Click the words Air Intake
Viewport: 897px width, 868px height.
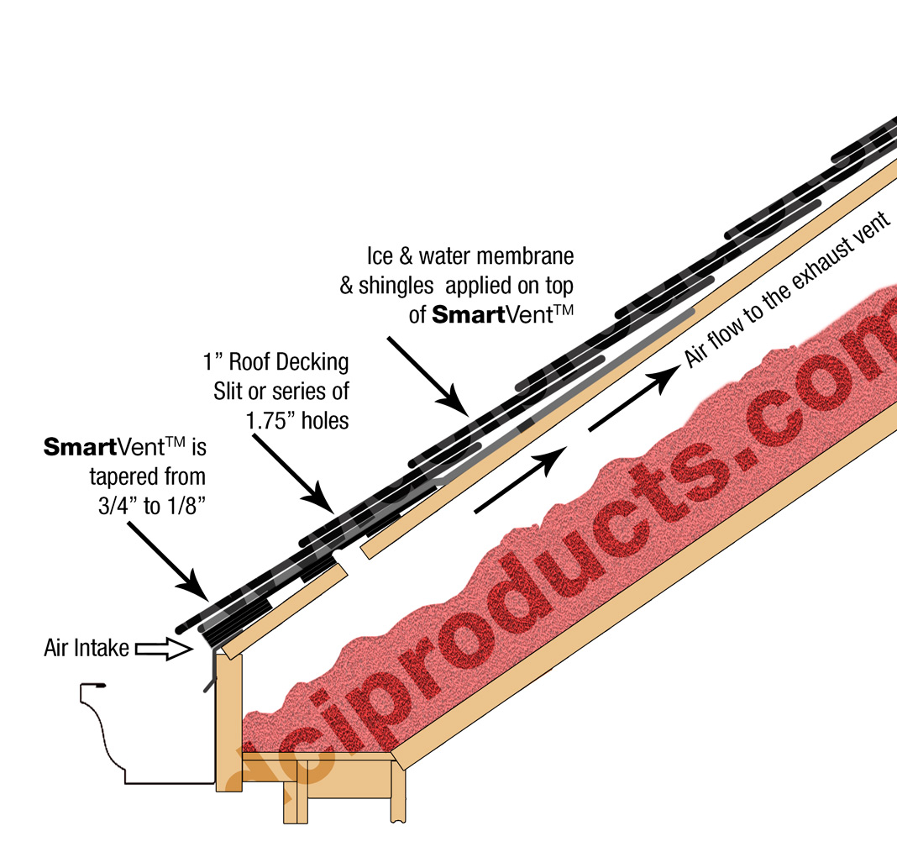tap(87, 648)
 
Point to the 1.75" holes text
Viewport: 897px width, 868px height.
tap(297, 418)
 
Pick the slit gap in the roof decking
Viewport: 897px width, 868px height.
tap(354, 554)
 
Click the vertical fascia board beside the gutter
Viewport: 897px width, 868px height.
tap(228, 723)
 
